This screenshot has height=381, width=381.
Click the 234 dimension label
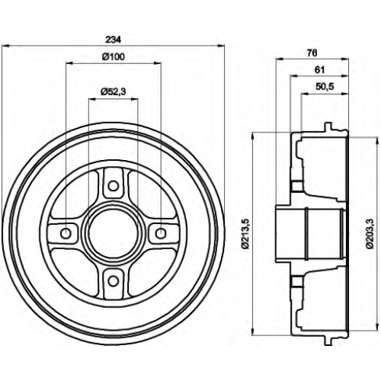click(x=114, y=40)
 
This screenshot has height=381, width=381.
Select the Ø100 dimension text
click(x=114, y=56)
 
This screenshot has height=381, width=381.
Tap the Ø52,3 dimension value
click(x=114, y=91)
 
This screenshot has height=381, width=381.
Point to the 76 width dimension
click(x=312, y=53)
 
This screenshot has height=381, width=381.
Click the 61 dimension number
click(x=319, y=69)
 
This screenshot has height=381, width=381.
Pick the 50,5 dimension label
click(x=325, y=87)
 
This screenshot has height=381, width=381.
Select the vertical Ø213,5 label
click(x=245, y=234)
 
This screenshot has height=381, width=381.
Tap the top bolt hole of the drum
click(x=114, y=186)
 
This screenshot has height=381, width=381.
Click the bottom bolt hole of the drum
click(x=114, y=281)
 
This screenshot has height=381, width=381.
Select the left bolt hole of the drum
click(x=66, y=233)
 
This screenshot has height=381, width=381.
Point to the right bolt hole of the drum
click(x=161, y=233)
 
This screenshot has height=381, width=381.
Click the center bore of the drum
click(x=114, y=233)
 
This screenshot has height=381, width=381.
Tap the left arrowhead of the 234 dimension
click(x=5, y=46)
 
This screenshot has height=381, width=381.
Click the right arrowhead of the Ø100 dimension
click(x=158, y=62)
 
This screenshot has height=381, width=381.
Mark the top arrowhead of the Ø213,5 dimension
click(x=252, y=136)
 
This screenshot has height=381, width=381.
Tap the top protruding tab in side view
click(x=328, y=126)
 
